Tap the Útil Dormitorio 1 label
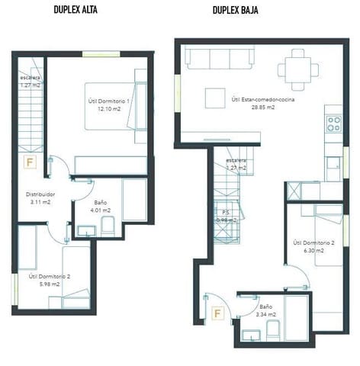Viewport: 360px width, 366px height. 107,101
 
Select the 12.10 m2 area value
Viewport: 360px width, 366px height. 107,109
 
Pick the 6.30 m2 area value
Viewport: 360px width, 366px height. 313,249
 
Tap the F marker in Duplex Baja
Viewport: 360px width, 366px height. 218,313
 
